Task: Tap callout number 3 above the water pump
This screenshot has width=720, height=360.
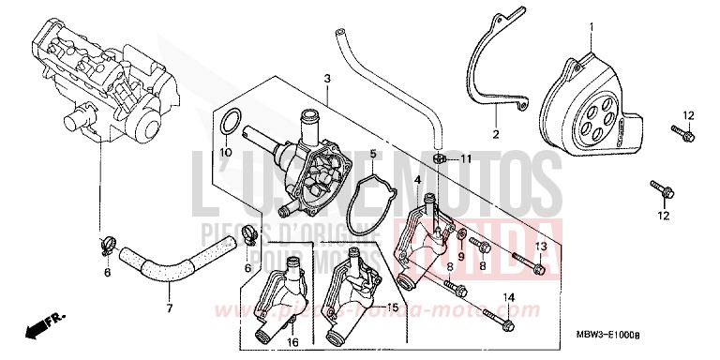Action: tap(326, 79)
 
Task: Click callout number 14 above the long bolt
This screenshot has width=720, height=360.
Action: tap(510, 298)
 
